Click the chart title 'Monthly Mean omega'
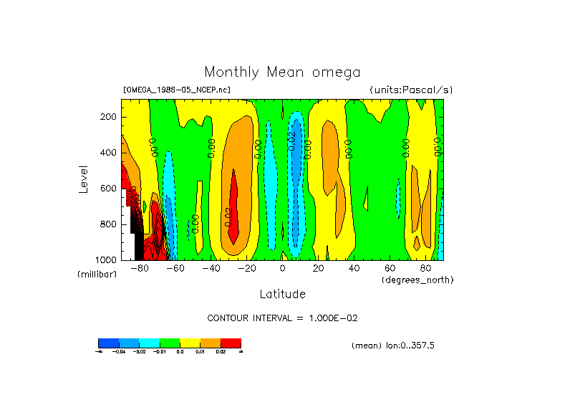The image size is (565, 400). coord(282,72)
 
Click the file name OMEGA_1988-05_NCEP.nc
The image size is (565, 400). coord(177,90)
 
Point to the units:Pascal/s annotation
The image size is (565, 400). coord(411,90)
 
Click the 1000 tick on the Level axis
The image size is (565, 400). coord(107,259)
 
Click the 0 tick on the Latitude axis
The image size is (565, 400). coord(282,269)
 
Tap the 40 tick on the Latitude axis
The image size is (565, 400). coord(354,269)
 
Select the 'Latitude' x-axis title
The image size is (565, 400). coord(282,294)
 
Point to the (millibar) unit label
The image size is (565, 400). coord(97,275)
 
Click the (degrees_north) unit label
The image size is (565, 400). coord(417,280)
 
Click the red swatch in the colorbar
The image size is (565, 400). coord(231,343)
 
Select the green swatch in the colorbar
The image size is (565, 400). coord(170,343)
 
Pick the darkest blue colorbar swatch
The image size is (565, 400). coord(108,343)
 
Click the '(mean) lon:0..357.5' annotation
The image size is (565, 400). coord(393,346)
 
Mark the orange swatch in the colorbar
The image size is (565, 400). coord(211,343)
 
